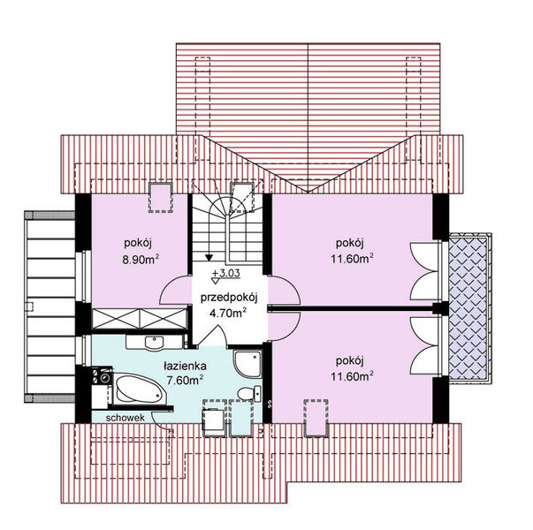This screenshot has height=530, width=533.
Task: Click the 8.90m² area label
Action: coord(141,259)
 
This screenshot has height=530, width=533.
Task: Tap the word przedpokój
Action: coord(229,298)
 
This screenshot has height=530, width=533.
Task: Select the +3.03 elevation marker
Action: coord(225,273)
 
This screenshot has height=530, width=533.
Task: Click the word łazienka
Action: coord(185,367)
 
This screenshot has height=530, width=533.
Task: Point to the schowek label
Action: coord(126,418)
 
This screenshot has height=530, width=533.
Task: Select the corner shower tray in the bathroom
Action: coord(247,364)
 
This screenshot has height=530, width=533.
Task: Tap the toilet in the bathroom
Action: coord(249,394)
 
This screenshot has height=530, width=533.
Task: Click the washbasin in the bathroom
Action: coord(155,342)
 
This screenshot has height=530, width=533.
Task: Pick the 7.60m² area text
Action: coord(185,380)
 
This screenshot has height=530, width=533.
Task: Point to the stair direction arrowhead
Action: coord(209,257)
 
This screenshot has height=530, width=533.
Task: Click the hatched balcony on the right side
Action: coord(468,307)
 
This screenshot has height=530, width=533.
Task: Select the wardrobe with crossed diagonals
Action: coord(140,318)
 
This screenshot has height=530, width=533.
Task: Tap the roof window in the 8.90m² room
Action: coord(161,198)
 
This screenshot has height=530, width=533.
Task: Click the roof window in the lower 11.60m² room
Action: coord(316,418)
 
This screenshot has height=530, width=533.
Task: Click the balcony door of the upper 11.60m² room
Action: coord(424,272)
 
